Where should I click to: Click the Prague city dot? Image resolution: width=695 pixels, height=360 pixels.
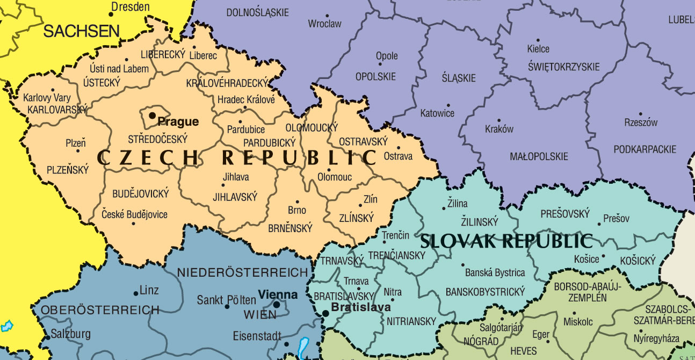[x=153, y=115]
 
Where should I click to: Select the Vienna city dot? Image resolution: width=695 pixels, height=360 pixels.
[x=276, y=304]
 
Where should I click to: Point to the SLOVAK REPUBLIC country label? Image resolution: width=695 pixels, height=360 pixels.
[x=506, y=241]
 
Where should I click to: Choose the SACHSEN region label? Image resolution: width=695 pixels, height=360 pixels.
[x=81, y=31]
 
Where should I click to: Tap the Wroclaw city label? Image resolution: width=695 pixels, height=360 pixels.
[x=324, y=24]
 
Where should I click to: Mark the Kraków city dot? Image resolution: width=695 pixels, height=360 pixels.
[x=498, y=121]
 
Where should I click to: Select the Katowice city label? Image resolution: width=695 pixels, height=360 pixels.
[x=437, y=113]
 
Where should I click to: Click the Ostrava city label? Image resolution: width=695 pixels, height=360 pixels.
[x=398, y=156]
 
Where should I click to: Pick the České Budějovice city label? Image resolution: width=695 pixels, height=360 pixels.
[x=134, y=214]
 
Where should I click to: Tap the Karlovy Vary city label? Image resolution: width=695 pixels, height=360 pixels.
[x=47, y=98]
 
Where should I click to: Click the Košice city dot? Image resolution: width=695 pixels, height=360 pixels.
[x=603, y=257]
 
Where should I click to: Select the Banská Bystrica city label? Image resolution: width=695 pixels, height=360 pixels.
[x=495, y=272]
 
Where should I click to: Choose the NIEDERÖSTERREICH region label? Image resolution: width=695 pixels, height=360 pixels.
[x=242, y=272]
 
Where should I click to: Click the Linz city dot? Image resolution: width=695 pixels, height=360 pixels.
[x=135, y=293]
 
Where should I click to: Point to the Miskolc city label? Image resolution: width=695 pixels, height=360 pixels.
[x=578, y=322]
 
